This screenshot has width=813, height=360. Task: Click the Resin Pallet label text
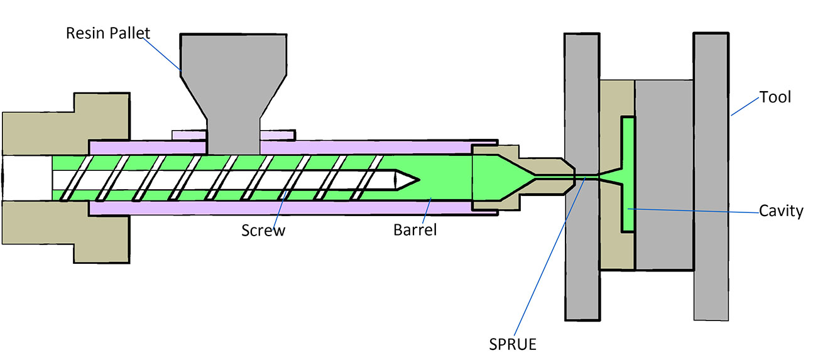(x=109, y=32)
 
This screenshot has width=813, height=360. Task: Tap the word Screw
(x=263, y=230)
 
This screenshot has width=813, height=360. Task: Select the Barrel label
(x=415, y=230)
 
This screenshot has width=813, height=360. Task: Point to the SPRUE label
(x=514, y=344)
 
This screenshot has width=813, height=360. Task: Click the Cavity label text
(x=780, y=211)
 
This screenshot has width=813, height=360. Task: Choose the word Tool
(x=775, y=97)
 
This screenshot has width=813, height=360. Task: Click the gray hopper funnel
(x=233, y=75)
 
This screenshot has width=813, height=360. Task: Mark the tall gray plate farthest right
(x=711, y=176)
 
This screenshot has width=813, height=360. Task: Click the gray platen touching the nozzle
(x=581, y=251)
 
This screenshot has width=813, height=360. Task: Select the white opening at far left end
(x=25, y=178)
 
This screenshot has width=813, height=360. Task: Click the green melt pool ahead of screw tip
(x=443, y=179)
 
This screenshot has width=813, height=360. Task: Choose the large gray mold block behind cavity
(x=664, y=176)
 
